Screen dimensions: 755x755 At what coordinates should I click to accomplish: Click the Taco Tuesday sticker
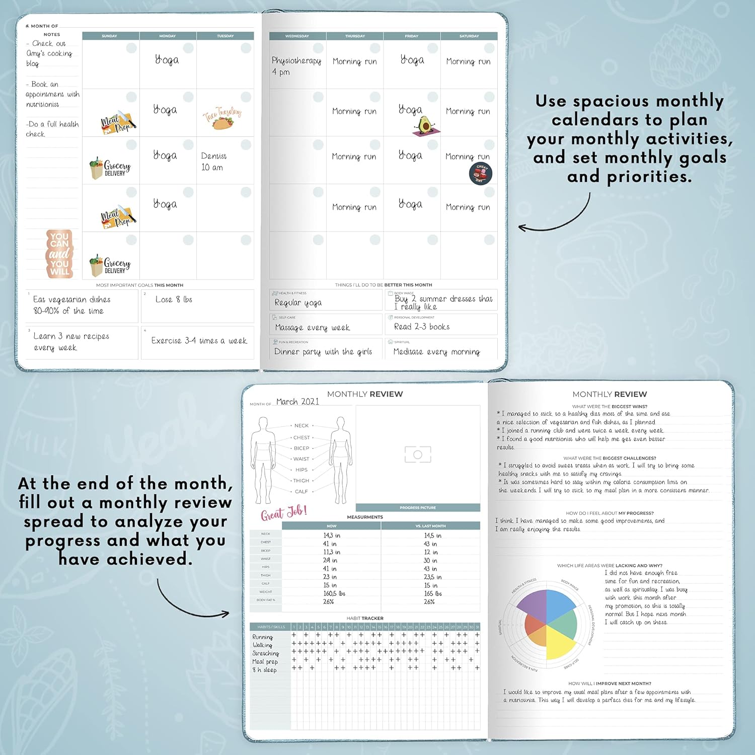pyautogui.click(x=222, y=118)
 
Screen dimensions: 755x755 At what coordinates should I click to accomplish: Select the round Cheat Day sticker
pyautogui.click(x=480, y=173)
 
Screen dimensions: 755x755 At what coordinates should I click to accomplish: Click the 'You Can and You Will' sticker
pyautogui.click(x=59, y=254)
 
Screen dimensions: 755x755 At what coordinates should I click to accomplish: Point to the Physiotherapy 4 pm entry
pyautogui.click(x=296, y=66)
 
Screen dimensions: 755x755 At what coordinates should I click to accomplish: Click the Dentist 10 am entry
pyautogui.click(x=213, y=162)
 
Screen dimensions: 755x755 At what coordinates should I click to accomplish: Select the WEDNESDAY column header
pyautogui.click(x=297, y=36)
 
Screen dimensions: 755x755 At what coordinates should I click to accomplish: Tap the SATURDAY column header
pyautogui.click(x=469, y=36)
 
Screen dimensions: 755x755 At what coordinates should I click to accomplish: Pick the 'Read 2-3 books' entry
pyautogui.click(x=422, y=327)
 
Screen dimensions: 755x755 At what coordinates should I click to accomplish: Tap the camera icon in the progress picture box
pyautogui.click(x=418, y=455)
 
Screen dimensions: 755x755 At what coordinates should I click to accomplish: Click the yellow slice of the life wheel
pyautogui.click(x=560, y=641)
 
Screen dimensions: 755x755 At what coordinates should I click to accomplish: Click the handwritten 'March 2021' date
pyautogui.click(x=297, y=402)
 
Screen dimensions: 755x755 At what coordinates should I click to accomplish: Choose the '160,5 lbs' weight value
pyautogui.click(x=334, y=593)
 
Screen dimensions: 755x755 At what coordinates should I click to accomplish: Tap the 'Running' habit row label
pyautogui.click(x=262, y=637)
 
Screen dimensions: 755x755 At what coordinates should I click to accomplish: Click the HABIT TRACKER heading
pyautogui.click(x=365, y=618)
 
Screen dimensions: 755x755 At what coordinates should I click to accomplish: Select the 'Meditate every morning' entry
pyautogui.click(x=436, y=352)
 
